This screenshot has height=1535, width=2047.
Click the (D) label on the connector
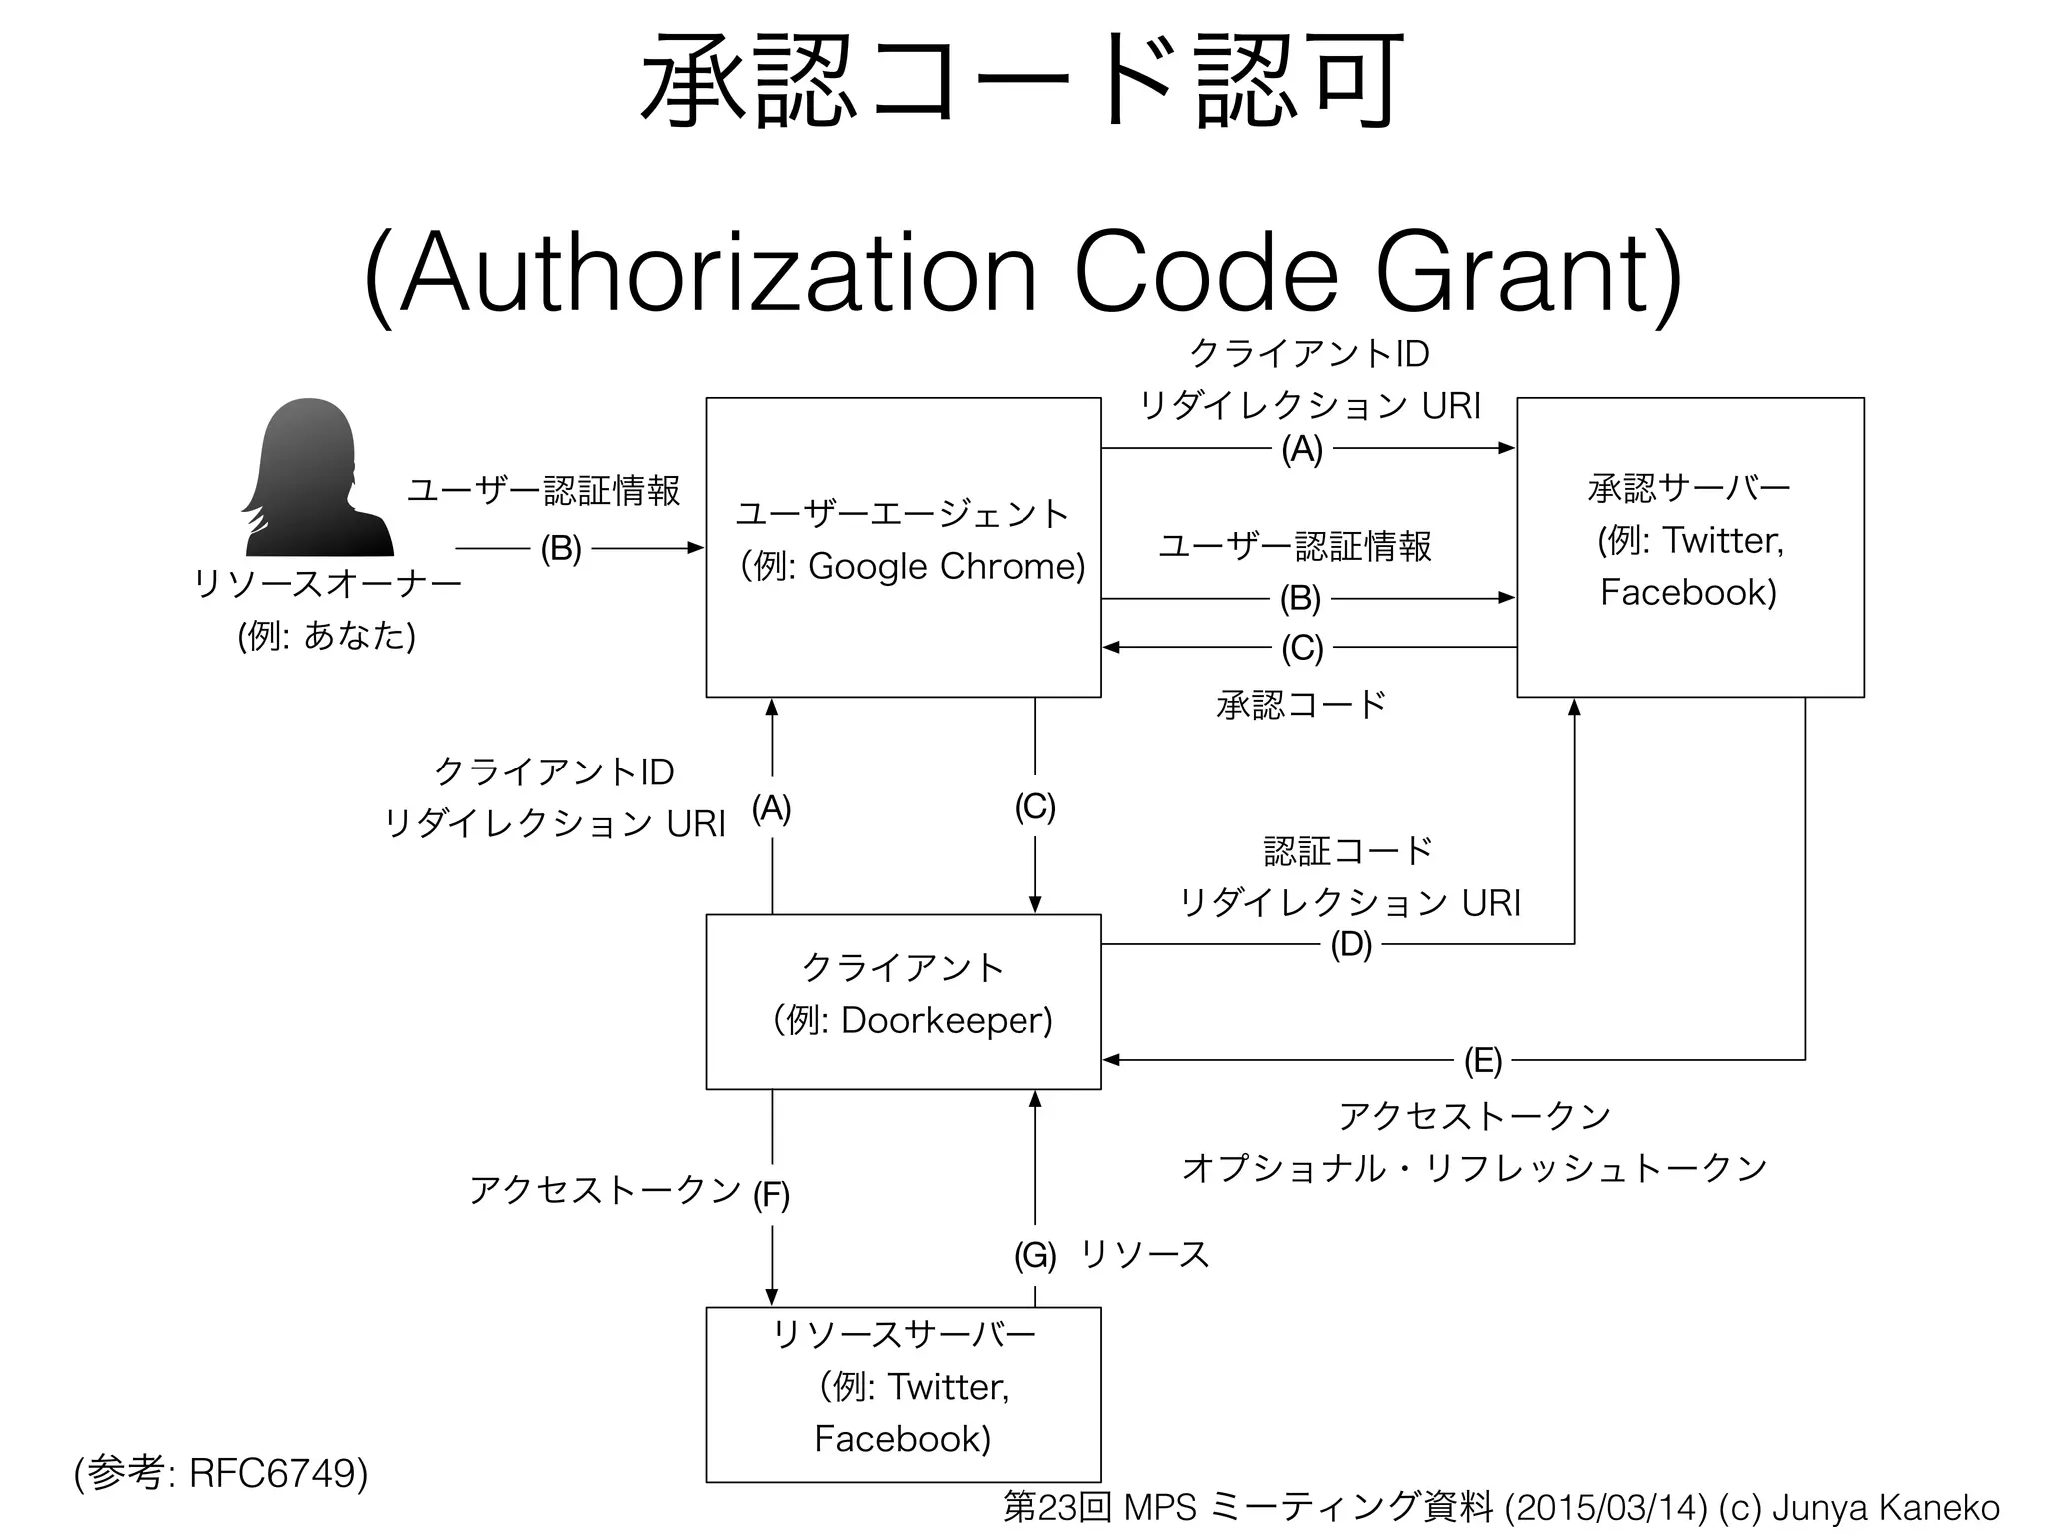tap(1350, 944)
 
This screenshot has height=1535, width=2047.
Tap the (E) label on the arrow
tap(1482, 1060)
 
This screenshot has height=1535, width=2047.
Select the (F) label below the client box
tap(771, 1194)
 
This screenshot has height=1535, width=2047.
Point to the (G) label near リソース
tap(1034, 1255)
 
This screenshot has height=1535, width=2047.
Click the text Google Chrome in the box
tap(945, 567)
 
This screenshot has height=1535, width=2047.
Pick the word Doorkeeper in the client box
tap(945, 1020)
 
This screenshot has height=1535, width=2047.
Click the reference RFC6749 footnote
tap(277, 1472)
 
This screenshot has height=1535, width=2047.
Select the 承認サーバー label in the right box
tap(1689, 488)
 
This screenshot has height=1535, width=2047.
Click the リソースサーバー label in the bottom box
tap(904, 1334)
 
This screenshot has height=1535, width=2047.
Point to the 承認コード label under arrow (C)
tap(1301, 705)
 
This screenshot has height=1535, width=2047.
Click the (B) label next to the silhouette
tap(560, 548)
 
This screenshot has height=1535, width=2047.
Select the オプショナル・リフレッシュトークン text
tap(1475, 1167)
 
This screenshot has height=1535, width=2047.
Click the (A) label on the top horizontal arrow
tap(1301, 450)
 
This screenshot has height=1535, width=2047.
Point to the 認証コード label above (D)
tap(1348, 851)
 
